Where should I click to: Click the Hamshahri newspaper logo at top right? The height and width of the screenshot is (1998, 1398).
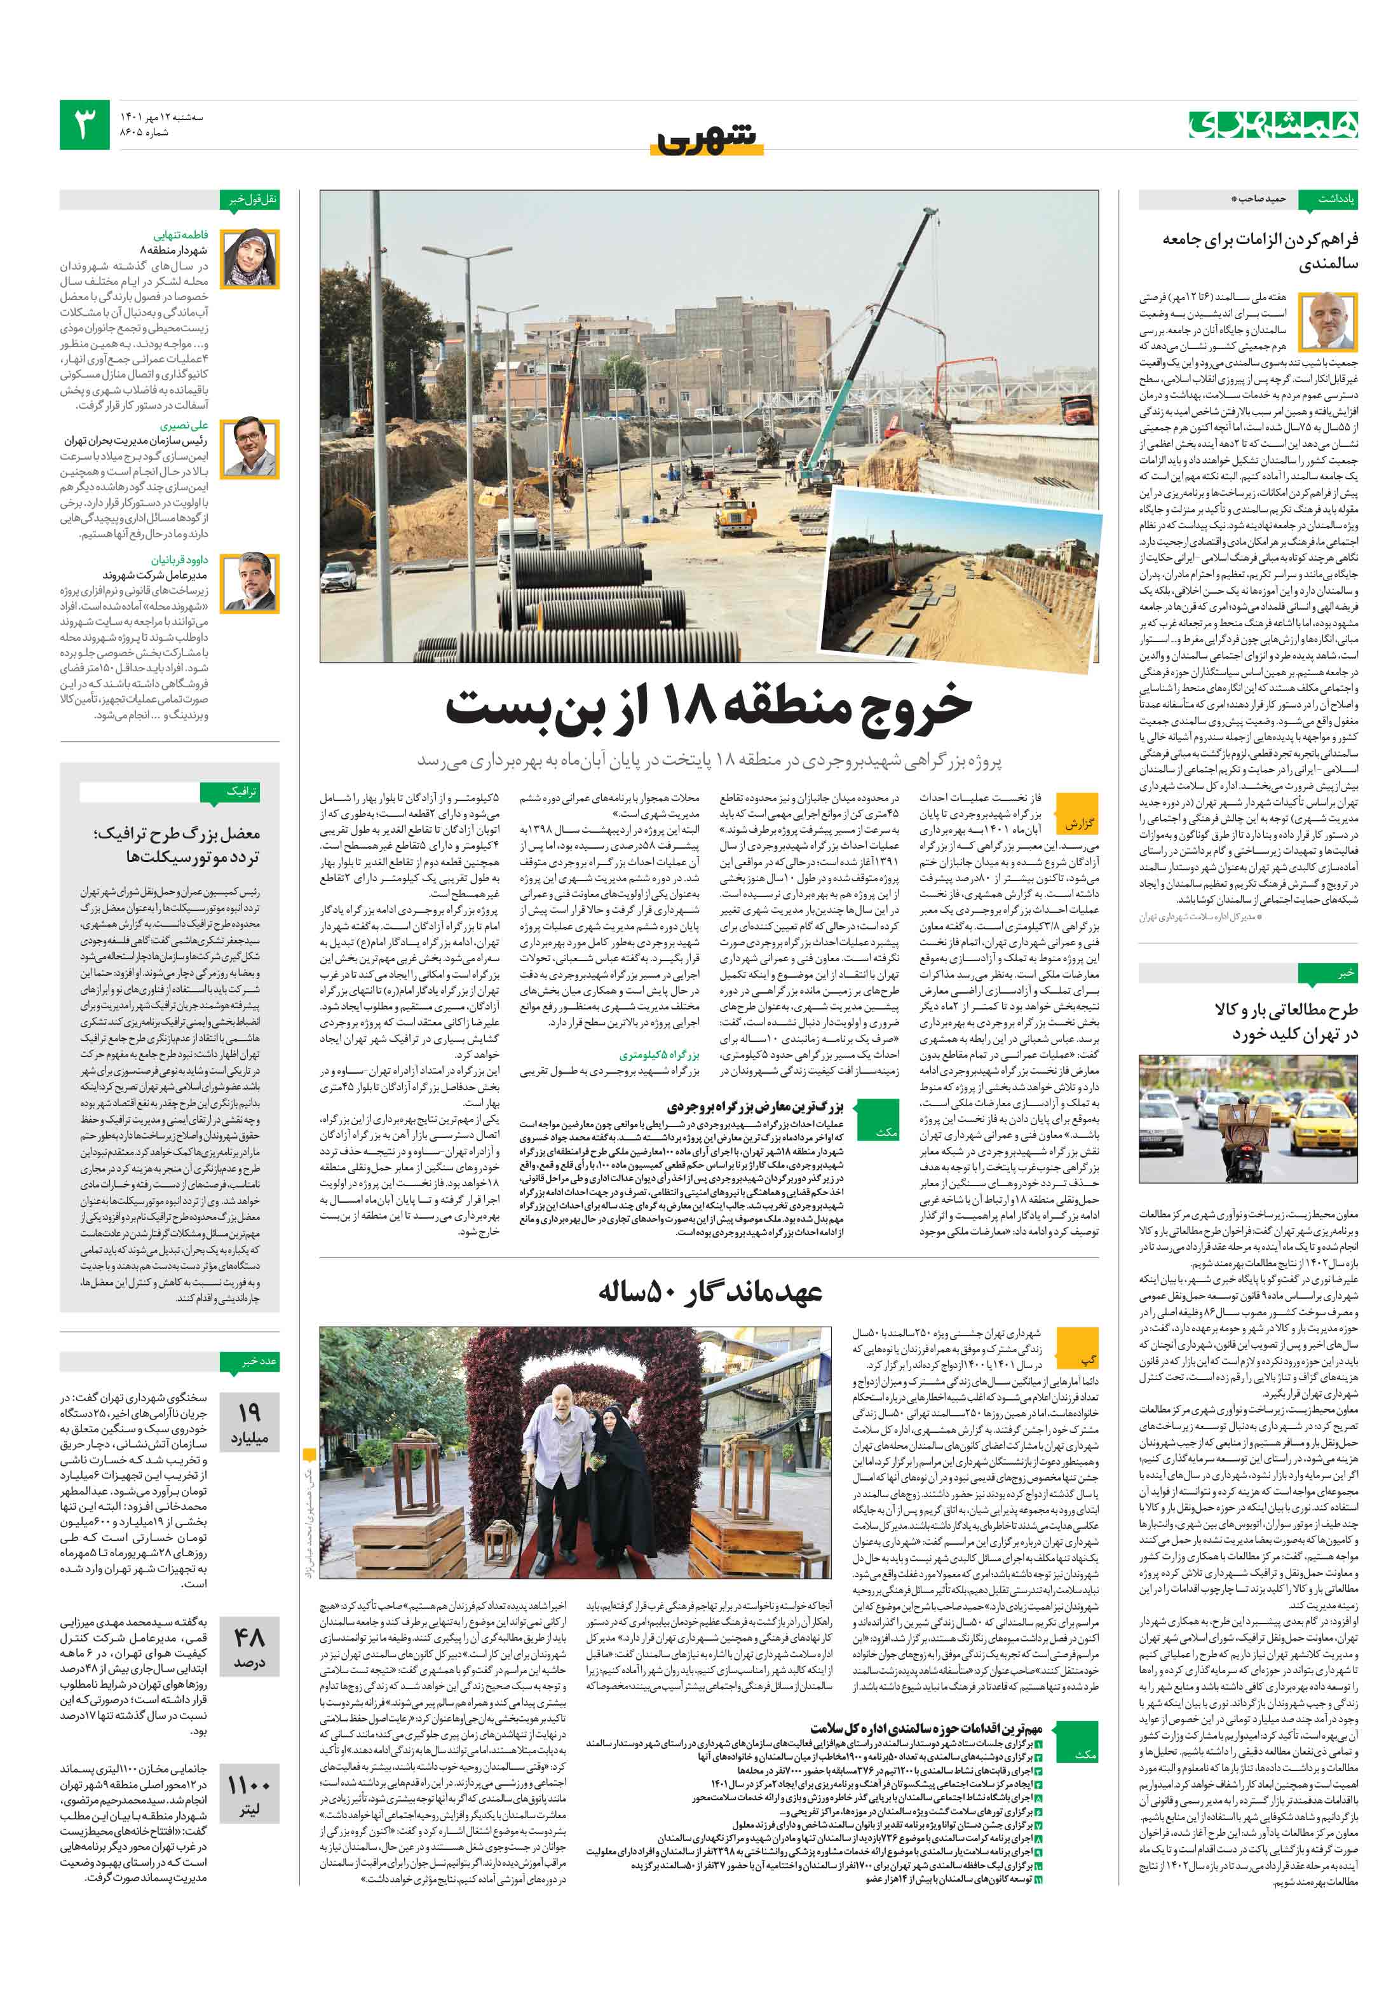[1273, 125]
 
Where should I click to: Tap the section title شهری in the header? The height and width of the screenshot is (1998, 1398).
[707, 139]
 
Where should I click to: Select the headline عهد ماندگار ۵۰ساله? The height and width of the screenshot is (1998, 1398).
[710, 1291]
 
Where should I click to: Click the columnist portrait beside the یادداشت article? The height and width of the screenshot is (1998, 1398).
[1327, 321]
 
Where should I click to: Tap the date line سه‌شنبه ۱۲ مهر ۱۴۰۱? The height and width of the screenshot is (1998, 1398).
[161, 116]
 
